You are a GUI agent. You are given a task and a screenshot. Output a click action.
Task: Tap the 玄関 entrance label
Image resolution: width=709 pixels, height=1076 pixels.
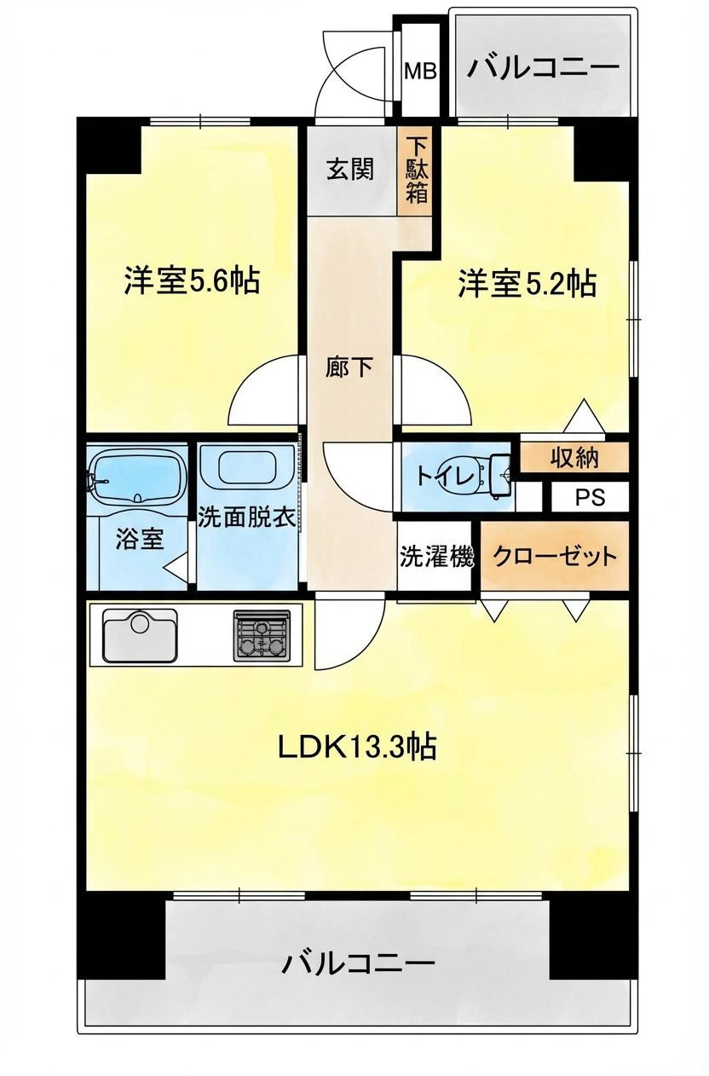point(350,169)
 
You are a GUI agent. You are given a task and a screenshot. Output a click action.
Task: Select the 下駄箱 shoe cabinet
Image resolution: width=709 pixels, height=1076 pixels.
point(417,169)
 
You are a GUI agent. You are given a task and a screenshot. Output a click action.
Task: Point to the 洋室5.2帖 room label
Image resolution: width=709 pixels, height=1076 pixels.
point(527,283)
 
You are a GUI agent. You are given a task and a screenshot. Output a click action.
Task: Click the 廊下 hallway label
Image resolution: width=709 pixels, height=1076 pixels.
point(349,367)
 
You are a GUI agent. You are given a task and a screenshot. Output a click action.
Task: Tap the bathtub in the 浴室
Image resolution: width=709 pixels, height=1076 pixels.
point(137,476)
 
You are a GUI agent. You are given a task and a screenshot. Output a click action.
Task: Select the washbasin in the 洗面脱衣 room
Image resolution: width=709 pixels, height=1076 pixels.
point(246,468)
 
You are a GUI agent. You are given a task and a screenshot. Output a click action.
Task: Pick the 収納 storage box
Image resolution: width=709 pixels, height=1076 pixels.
point(573,458)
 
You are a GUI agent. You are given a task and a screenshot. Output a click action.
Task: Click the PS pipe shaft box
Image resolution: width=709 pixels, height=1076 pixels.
point(589,497)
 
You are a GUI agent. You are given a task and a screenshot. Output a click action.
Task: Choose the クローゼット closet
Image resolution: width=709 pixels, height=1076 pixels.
point(555,558)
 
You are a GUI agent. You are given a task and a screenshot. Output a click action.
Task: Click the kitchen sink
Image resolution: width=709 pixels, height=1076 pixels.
point(140,634)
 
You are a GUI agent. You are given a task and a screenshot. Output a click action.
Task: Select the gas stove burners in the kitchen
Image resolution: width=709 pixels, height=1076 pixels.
point(262,635)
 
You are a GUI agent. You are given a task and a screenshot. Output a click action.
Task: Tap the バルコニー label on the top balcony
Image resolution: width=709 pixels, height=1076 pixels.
point(543,67)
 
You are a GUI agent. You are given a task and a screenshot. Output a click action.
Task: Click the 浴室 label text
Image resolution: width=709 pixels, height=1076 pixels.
point(140,540)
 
